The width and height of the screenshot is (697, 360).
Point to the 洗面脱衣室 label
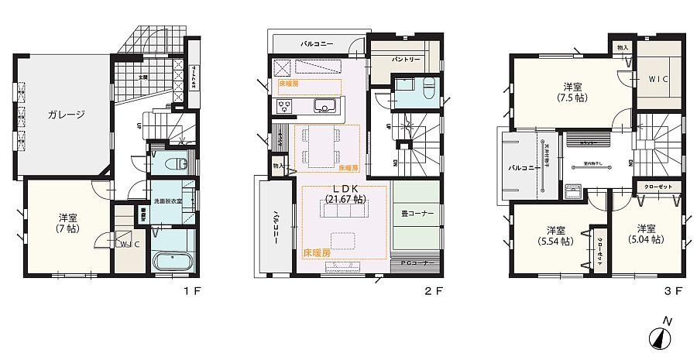click(167, 201)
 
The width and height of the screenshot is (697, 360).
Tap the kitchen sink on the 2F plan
click(323, 106)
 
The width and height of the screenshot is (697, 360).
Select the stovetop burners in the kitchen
click(284, 106)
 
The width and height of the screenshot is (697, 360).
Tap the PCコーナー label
click(415, 263)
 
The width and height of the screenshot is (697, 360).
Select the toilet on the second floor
click(427, 91)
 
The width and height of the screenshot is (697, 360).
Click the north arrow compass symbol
click(660, 336)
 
